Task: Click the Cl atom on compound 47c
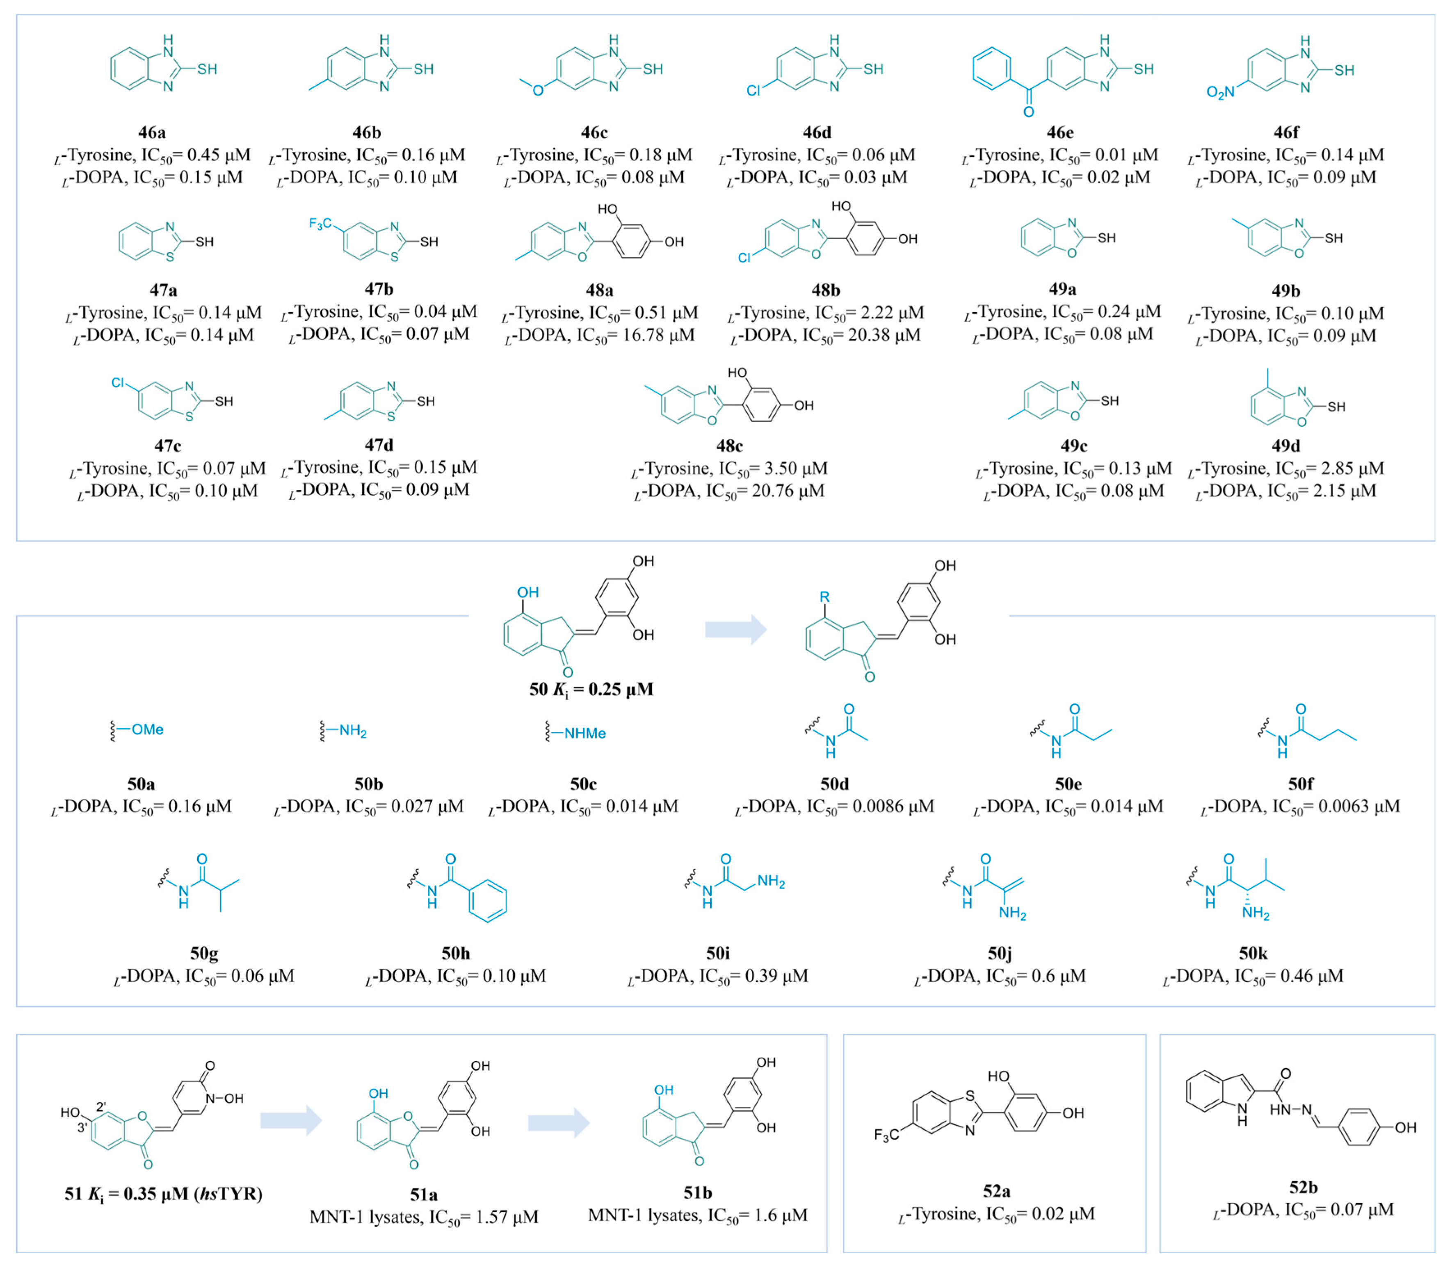coord(118,383)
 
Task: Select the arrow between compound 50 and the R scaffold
coord(735,629)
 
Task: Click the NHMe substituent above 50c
coord(585,734)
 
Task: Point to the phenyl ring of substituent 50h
coord(487,900)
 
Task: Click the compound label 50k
coord(1253,953)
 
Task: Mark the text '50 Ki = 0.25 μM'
coord(591,689)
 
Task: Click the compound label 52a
coord(996,1192)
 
